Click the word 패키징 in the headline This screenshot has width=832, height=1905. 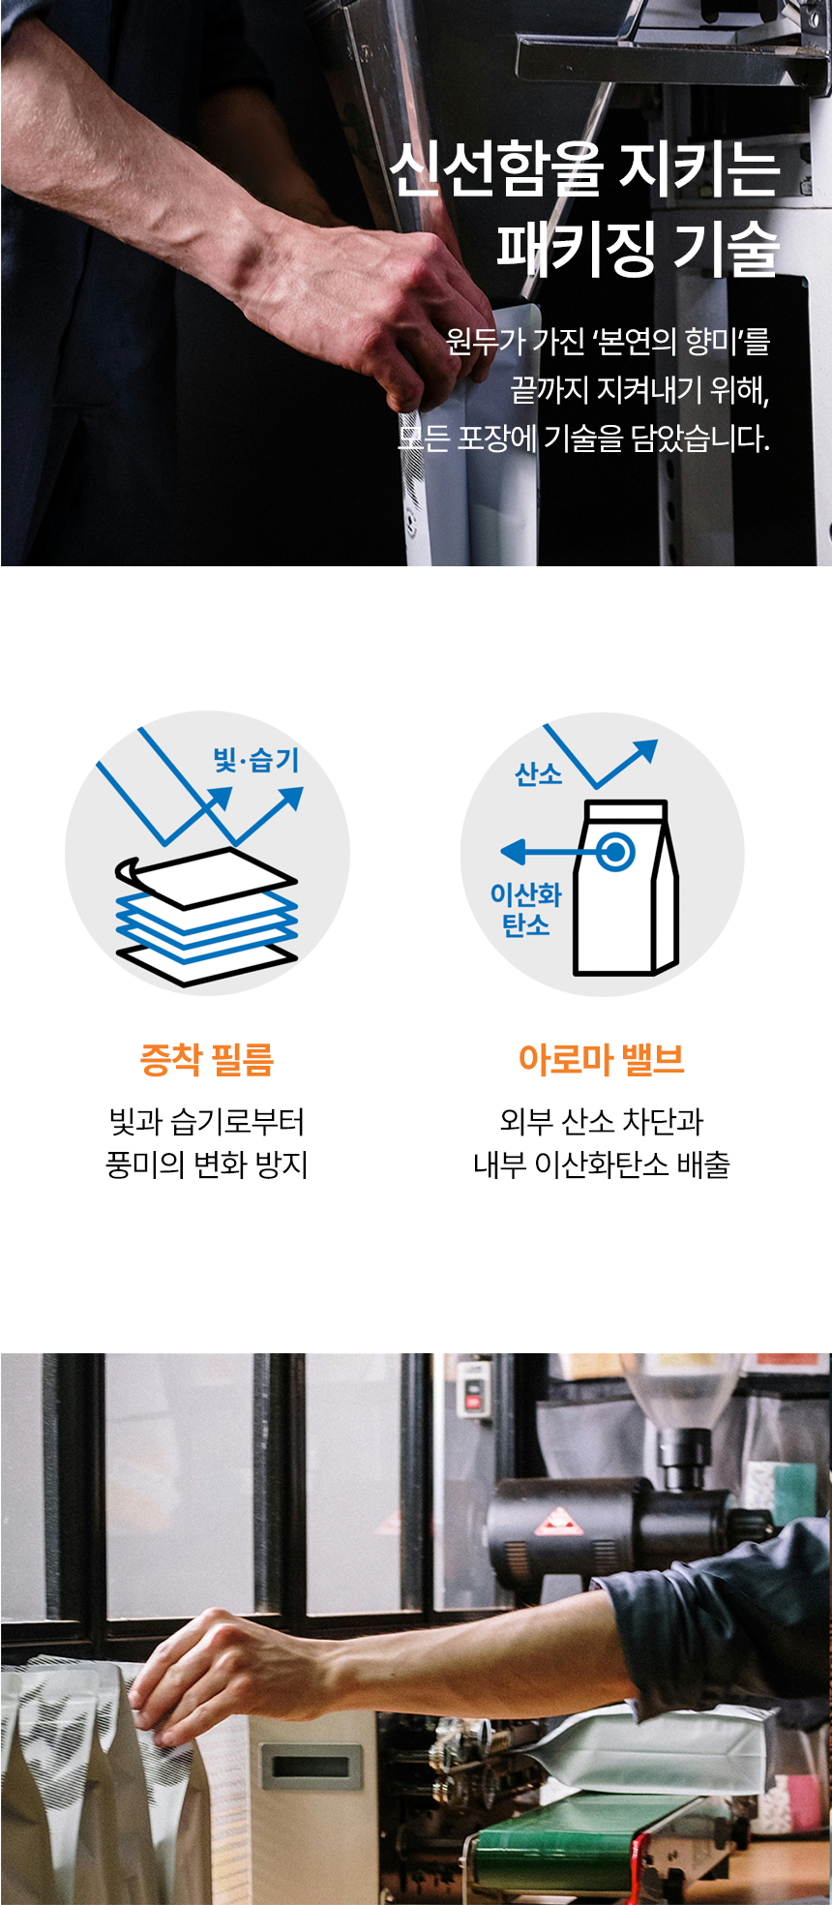click(x=576, y=247)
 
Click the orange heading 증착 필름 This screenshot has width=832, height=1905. click(x=207, y=1059)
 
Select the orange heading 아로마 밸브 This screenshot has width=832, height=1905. click(x=602, y=1059)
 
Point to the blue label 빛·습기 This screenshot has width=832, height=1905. click(x=256, y=760)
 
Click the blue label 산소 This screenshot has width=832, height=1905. click(x=539, y=774)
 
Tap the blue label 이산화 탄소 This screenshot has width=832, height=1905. click(x=525, y=909)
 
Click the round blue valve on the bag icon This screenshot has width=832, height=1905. click(x=614, y=852)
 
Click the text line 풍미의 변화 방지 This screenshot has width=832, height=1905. click(x=207, y=1164)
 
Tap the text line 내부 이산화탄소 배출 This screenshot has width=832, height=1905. click(x=602, y=1164)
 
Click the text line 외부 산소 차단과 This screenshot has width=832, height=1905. click(x=602, y=1121)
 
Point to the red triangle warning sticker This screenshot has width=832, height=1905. click(x=559, y=1522)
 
